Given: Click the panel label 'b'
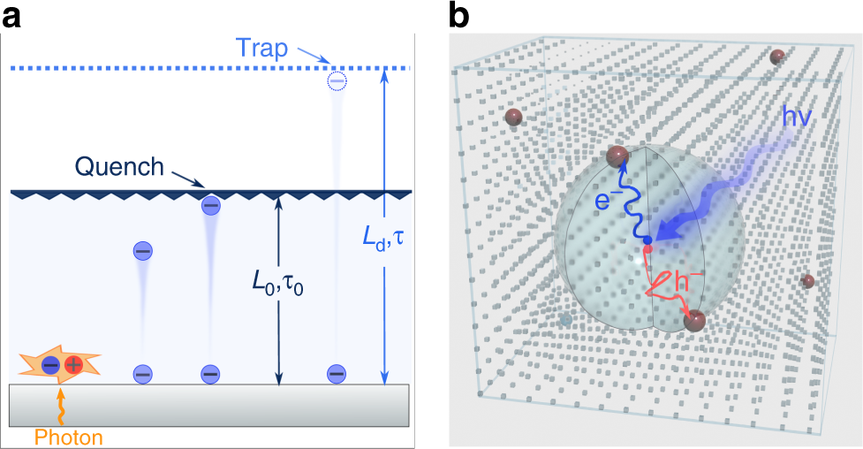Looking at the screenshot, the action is (x=460, y=15).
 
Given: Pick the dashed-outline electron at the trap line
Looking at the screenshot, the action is (x=337, y=81).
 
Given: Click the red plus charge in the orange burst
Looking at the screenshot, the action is (x=73, y=364).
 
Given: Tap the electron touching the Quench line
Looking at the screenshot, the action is (x=210, y=205).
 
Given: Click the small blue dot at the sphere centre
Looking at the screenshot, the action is (x=647, y=240).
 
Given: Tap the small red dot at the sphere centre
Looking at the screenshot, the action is (x=648, y=250).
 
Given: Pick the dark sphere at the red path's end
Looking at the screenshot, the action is (x=693, y=320).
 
